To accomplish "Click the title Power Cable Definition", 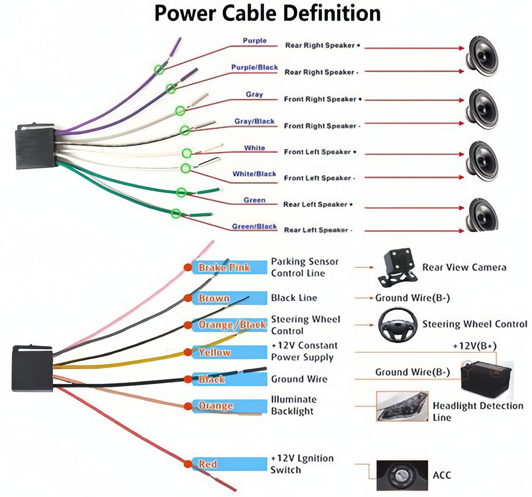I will tap(267, 14).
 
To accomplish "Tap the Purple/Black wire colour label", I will tap(254, 68).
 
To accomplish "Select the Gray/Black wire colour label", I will tap(254, 122).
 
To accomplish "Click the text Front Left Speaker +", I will tap(320, 152).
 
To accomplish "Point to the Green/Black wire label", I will tap(254, 226).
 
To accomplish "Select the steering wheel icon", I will tap(397, 325).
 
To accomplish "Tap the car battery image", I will tap(486, 379).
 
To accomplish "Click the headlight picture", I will tap(402, 406).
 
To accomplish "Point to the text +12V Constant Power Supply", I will tap(304, 352).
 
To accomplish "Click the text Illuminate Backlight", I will tap(293, 405).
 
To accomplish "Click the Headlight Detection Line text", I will tap(477, 411).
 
